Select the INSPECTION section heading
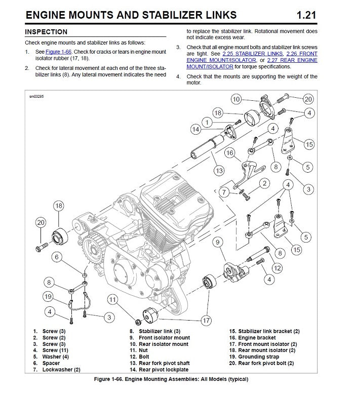click(46, 32)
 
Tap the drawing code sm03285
click(37, 96)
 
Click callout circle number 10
click(236, 99)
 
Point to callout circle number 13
click(219, 171)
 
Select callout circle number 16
click(229, 152)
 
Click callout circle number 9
click(217, 243)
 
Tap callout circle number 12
click(277, 268)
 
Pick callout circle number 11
click(113, 300)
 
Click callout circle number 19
click(49, 296)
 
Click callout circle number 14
click(196, 129)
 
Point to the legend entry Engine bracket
click(257, 338)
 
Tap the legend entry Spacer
click(51, 363)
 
